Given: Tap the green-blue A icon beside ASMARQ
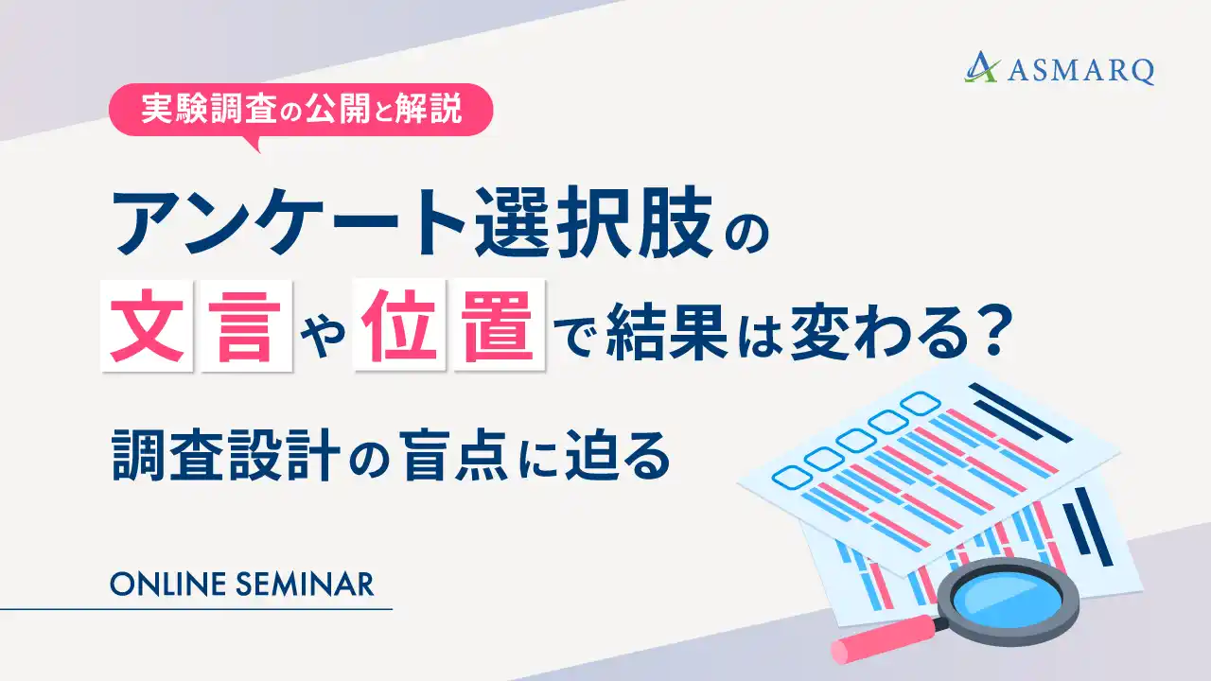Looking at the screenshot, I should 982,68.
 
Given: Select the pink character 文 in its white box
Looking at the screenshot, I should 146,332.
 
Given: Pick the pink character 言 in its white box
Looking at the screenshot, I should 244,332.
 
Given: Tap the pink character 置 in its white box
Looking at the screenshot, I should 500,332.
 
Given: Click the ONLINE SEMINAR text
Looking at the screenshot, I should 242,584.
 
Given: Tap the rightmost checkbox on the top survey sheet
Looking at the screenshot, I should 917,402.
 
